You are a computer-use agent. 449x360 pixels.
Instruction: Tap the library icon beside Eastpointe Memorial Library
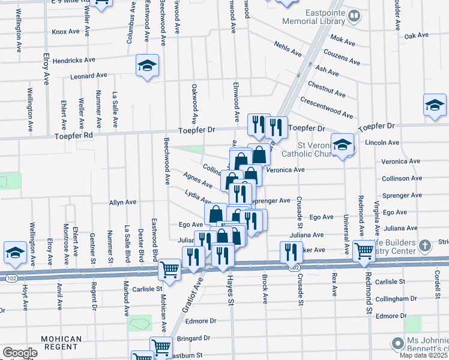click(355, 16)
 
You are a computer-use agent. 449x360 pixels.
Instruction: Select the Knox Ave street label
click(66, 32)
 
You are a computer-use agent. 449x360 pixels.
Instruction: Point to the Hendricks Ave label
click(74, 61)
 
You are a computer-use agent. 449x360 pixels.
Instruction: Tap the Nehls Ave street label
click(288, 49)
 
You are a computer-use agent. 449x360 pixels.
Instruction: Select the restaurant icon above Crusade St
click(291, 251)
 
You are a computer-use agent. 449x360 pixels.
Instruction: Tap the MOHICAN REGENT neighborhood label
click(61, 343)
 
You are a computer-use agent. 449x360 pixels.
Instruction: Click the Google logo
click(20, 353)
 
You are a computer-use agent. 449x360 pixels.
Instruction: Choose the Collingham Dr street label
click(379, 299)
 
